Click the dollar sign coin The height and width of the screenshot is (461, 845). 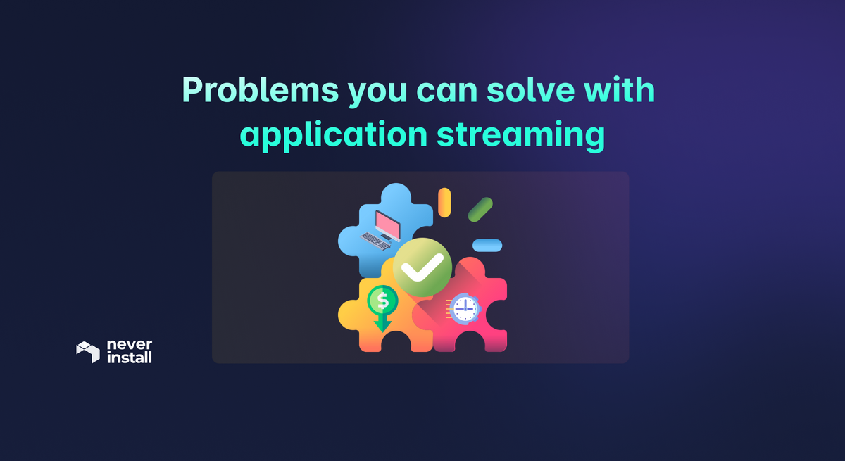[382, 301]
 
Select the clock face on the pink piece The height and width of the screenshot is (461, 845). [464, 308]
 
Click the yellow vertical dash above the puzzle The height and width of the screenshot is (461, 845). [444, 202]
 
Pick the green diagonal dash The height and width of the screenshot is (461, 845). [480, 209]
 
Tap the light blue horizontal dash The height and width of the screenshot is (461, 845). [487, 245]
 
